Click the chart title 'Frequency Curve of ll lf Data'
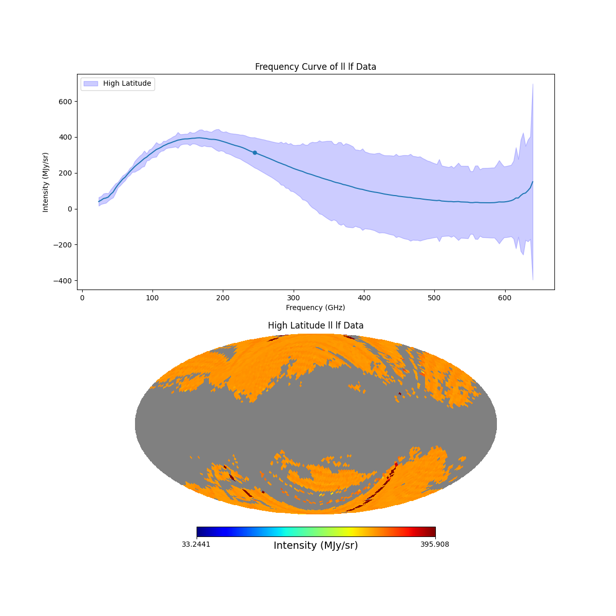click(x=315, y=67)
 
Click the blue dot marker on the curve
click(x=255, y=152)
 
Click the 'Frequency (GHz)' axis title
click(x=315, y=307)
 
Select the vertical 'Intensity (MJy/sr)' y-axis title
click(x=46, y=182)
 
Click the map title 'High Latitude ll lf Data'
click(x=315, y=325)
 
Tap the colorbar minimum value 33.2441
click(x=196, y=544)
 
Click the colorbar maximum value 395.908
click(x=434, y=544)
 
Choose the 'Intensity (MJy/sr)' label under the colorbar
click(x=315, y=546)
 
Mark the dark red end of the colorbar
click(x=433, y=532)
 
